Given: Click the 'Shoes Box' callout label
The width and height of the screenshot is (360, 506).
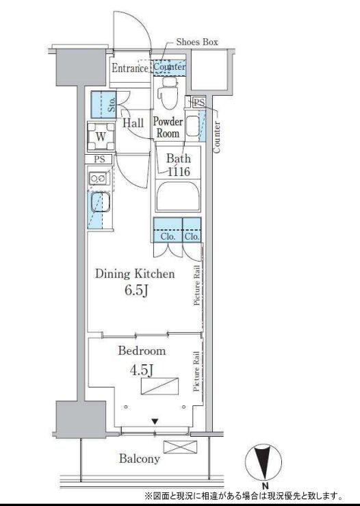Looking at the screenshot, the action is tap(197, 42).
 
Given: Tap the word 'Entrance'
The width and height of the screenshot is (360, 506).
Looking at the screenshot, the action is tap(129, 68).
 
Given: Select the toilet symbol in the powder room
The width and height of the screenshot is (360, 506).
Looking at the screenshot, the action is tap(169, 93).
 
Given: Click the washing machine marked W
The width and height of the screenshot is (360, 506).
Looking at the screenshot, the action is tap(101, 137).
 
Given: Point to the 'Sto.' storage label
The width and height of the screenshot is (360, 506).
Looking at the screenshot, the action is tap(112, 105).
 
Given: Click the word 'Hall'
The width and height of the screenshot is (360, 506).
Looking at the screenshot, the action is tap(133, 123).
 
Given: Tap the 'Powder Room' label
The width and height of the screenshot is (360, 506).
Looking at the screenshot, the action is tap(168, 127).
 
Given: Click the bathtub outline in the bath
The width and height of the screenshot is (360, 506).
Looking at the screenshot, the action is tap(178, 196).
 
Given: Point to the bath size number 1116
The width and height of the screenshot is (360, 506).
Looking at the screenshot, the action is tap(179, 171).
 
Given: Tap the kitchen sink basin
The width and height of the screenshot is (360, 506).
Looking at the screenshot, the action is tap(101, 202).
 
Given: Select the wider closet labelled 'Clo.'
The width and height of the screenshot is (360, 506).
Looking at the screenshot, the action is tap(168, 230).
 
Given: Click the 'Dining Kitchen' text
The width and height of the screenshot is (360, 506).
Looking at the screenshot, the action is tap(135, 274).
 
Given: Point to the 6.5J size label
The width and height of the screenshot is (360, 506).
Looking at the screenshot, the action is tap(136, 290).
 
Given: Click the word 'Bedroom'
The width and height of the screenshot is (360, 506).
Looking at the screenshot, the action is tap(142, 351).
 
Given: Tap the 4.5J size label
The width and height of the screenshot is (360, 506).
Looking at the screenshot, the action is tap(141, 370).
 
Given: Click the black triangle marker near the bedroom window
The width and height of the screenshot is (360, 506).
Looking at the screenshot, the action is tap(155, 422).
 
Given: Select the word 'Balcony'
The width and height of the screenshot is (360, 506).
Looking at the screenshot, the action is tap(140, 459).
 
